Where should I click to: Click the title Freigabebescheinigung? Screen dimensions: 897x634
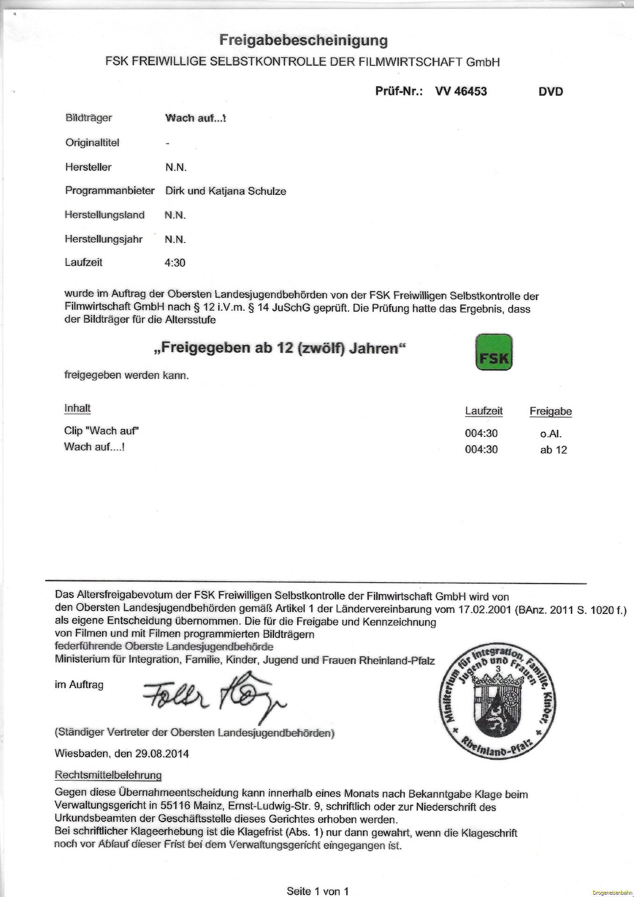[303, 41]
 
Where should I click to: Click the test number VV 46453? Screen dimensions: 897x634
[461, 91]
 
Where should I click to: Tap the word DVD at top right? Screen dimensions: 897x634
[550, 92]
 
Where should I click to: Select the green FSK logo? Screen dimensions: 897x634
[493, 352]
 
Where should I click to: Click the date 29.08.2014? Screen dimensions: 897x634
[162, 754]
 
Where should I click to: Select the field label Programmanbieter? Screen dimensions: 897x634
[110, 191]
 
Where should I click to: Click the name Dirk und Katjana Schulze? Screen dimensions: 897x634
[226, 191]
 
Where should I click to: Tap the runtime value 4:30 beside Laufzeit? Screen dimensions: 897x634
[175, 263]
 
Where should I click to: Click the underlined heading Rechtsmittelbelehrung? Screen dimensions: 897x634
[108, 775]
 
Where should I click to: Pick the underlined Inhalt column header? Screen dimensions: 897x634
[77, 408]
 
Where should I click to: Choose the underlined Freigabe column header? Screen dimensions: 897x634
[550, 412]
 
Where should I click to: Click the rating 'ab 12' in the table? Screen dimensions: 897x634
[553, 450]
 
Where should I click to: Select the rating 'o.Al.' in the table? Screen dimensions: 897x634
[550, 434]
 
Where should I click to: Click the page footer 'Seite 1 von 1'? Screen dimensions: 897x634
[317, 891]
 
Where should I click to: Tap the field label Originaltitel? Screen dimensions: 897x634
[92, 143]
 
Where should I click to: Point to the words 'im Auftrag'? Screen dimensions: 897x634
[79, 685]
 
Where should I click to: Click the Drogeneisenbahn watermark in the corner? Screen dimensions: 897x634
[612, 893]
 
